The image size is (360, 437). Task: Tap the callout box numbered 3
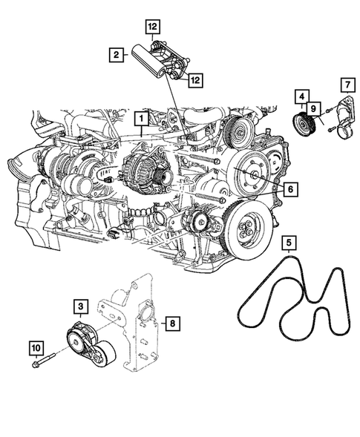(x=79, y=306)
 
